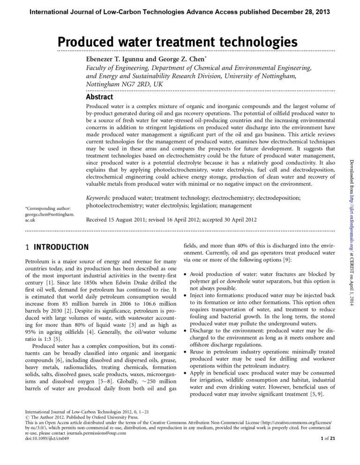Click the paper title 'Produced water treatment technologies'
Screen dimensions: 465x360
178,42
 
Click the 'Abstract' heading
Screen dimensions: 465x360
99,97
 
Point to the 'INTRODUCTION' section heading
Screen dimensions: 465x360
61,247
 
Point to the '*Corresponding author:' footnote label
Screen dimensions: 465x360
48,208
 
